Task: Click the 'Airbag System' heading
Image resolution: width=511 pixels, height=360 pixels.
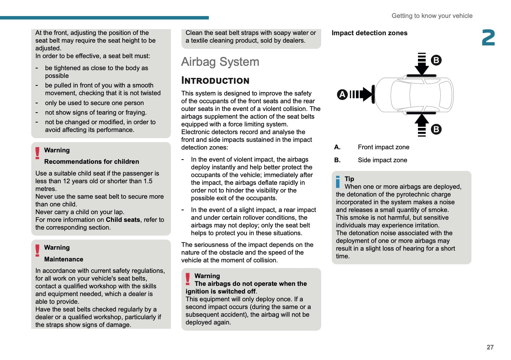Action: (220, 62)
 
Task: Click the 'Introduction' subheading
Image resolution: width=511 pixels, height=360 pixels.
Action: (215, 81)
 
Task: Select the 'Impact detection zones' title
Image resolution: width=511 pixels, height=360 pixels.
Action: (369, 33)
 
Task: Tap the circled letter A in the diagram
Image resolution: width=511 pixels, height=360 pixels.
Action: (342, 94)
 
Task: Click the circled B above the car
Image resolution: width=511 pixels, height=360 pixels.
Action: (436, 60)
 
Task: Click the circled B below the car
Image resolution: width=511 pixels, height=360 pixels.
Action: (436, 129)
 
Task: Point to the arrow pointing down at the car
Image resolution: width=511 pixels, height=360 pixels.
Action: (422, 66)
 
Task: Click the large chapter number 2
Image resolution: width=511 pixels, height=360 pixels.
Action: (488, 38)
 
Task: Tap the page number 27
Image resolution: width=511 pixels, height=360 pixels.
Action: (490, 347)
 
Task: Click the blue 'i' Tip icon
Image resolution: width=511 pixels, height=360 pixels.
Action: (338, 182)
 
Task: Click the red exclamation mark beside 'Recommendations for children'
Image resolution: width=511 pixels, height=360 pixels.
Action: (37, 153)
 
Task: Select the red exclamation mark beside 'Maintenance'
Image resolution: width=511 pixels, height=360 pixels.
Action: (37, 251)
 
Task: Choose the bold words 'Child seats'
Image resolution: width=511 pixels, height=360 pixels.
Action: (123, 220)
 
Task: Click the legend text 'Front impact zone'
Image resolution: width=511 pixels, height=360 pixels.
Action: (383, 147)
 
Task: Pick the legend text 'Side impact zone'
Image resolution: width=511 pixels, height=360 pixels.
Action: (382, 160)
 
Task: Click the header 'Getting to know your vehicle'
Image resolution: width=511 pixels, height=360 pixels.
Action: (432, 16)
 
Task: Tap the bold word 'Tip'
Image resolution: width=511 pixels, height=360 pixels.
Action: (349, 179)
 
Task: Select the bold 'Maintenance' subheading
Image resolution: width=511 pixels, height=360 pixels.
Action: (64, 259)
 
